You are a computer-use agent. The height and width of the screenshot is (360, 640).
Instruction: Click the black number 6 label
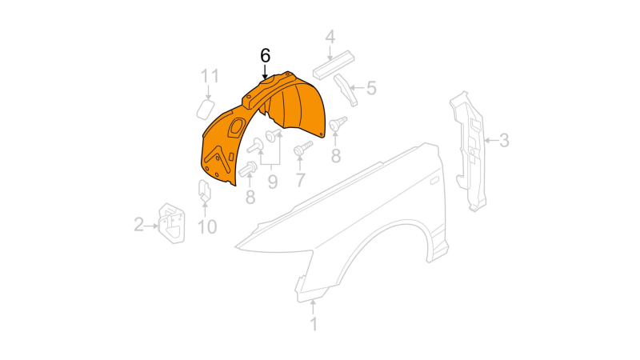[x=266, y=55]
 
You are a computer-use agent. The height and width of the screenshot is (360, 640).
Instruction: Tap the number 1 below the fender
[x=314, y=324]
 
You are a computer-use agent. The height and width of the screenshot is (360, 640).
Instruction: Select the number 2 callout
[x=139, y=225]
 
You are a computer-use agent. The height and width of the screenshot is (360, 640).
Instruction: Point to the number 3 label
[x=504, y=141]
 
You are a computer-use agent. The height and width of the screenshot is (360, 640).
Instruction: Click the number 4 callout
[x=330, y=37]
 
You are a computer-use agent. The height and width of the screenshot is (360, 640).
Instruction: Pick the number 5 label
[x=371, y=88]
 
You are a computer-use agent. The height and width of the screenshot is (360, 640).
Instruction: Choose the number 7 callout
[x=301, y=179]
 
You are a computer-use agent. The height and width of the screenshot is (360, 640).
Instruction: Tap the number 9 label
[x=273, y=182]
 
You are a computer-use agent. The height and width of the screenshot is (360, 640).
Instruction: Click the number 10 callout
[x=207, y=227]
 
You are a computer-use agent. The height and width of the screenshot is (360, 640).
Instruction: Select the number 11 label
[x=210, y=76]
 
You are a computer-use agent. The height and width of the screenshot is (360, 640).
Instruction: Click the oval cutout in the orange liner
[x=236, y=127]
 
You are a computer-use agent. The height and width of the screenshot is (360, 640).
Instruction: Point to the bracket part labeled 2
[x=172, y=224]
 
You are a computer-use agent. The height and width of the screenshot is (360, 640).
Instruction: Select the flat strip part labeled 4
[x=334, y=65]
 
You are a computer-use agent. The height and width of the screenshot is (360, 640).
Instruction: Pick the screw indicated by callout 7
[x=303, y=148]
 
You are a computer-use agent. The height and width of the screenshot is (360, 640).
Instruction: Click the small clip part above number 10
[x=205, y=190]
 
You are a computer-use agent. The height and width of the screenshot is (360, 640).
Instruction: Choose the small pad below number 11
[x=206, y=110]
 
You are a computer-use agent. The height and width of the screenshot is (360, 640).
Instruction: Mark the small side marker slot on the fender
[x=434, y=180]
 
